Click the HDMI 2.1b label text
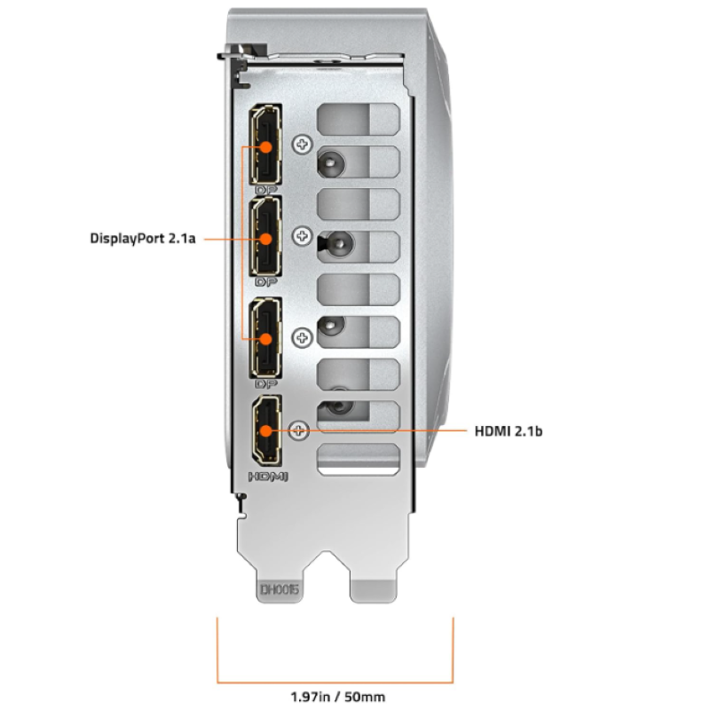coord(509,431)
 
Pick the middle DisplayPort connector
coord(264,237)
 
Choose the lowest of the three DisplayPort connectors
coord(264,338)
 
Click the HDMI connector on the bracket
coord(264,431)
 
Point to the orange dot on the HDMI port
coord(264,432)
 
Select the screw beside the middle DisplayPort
coord(304,237)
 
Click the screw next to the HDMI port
coord(300,430)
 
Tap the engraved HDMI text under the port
coord(266,477)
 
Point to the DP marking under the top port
coord(265,189)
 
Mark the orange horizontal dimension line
coord(336,682)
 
